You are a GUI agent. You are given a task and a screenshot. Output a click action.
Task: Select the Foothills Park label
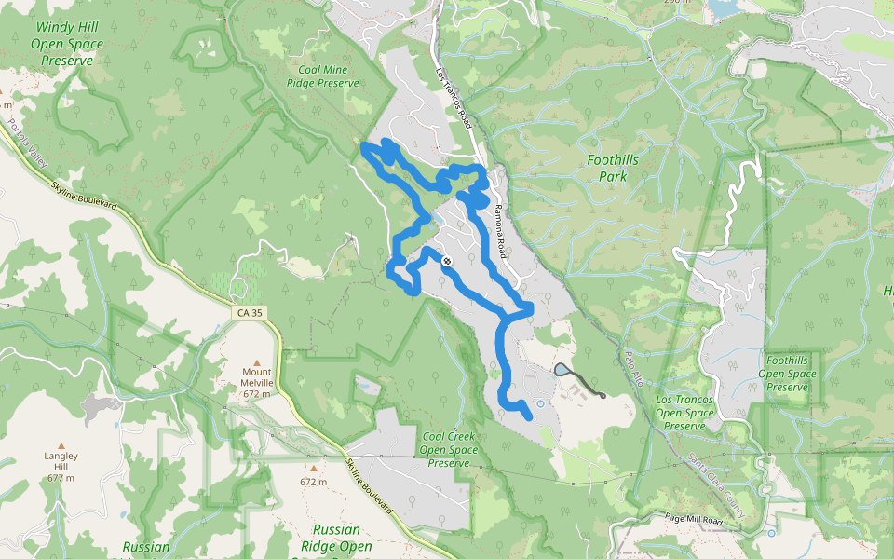(613, 167)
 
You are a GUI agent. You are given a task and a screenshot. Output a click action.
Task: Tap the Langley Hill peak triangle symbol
(61, 445)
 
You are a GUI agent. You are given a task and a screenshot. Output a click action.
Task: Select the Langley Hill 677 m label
(61, 466)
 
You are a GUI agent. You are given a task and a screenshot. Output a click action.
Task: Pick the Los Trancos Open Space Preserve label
(685, 412)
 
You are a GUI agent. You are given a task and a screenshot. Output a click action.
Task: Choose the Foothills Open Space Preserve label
(787, 373)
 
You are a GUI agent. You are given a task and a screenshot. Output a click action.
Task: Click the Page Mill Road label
(694, 519)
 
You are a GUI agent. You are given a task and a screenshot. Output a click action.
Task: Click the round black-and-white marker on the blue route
(447, 261)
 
